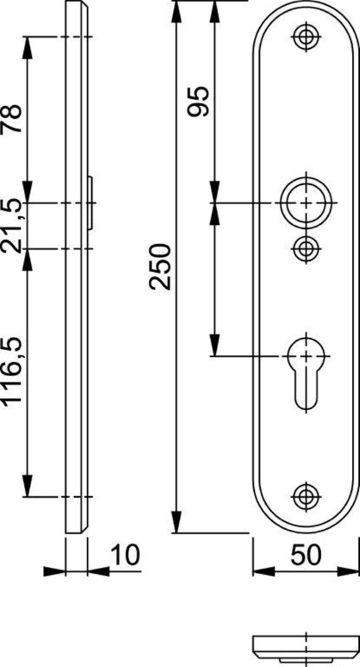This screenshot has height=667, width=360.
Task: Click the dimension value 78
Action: pos(12,119)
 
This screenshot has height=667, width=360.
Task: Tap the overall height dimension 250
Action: pos(160,267)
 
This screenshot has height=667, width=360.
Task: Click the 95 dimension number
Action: pos(199,101)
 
